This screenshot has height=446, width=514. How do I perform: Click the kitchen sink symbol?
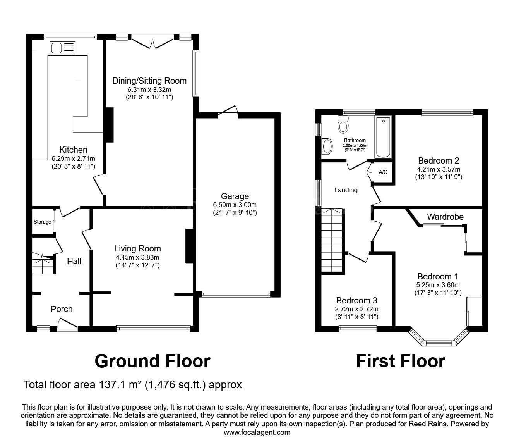[62, 48]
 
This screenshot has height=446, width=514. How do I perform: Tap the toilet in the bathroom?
[343, 124]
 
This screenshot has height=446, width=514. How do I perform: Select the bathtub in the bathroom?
[383, 137]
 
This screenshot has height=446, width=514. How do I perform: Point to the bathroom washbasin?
[327, 146]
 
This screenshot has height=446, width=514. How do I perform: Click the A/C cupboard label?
[383, 172]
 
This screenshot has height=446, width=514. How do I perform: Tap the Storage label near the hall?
[42, 222]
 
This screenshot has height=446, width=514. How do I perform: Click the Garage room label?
[235, 196]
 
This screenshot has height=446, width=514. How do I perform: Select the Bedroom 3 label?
[356, 300]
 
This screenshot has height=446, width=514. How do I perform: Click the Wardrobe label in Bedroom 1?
[445, 217]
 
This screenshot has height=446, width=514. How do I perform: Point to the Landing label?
[346, 190]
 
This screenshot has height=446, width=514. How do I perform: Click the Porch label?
[62, 309]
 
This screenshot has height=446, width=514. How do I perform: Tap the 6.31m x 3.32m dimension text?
[149, 90]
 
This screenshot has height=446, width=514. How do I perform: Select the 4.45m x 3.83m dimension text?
[137, 258]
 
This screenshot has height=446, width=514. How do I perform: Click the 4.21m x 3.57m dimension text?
[439, 169]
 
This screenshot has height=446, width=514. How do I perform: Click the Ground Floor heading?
[152, 361]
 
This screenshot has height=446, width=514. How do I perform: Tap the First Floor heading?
[401, 361]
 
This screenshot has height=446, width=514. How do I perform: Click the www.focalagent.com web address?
[257, 432]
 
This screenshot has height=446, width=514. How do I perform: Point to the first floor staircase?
[332, 241]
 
